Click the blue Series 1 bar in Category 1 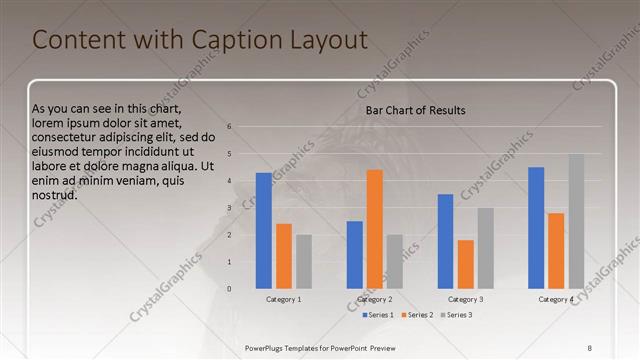coord(264,230)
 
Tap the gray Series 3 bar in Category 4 coord(577,221)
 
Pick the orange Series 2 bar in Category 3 coord(466,264)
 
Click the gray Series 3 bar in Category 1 coord(304,261)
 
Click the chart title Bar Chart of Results coord(415,110)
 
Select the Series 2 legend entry coord(417,315)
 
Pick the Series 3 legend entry coord(456,315)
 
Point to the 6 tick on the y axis coord(230,127)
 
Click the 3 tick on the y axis coord(230,208)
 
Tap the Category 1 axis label coord(284,299)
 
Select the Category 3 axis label coord(466,299)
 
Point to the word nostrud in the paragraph coord(55,194)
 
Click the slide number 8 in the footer coord(590,347)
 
